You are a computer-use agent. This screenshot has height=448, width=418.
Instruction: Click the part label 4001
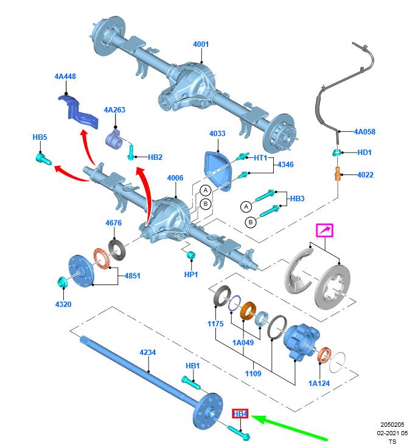coord(201,44)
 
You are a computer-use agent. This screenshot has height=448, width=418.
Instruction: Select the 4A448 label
coord(65,77)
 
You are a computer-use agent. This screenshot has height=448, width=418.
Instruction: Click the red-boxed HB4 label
coord(240,414)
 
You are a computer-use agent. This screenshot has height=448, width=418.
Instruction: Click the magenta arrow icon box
coord(324,230)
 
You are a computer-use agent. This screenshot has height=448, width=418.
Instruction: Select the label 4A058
coord(365,131)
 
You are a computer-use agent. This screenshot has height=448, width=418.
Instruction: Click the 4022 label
coord(366,175)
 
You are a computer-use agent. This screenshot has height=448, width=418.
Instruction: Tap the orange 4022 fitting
coord(336,174)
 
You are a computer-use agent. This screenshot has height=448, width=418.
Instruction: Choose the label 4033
coord(217,134)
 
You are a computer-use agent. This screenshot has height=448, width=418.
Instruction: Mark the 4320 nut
coord(61,281)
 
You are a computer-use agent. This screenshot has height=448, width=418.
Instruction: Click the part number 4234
coord(148,353)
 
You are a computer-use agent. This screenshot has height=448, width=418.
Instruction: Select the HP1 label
coord(191,275)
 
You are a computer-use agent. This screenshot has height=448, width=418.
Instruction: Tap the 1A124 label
coord(319,383)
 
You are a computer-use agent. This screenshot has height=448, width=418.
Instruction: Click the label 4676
coord(114,223)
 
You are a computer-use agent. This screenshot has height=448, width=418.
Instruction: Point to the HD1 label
coord(364,153)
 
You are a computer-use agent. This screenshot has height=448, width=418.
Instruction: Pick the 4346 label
coord(286,165)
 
